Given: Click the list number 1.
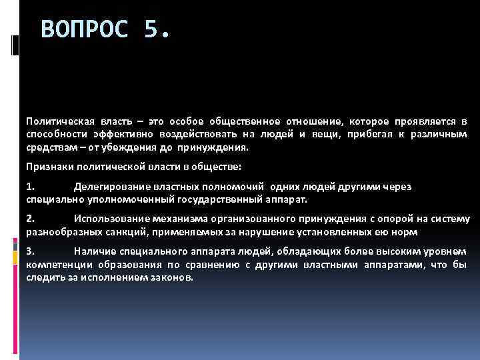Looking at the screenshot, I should coord(30,187).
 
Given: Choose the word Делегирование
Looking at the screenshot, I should coord(107,187).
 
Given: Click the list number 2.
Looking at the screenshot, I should coord(30,219).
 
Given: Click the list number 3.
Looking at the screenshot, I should coord(30,251).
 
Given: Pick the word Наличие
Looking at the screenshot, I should coord(93,251).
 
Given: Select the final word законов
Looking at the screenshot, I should coord(173,277).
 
